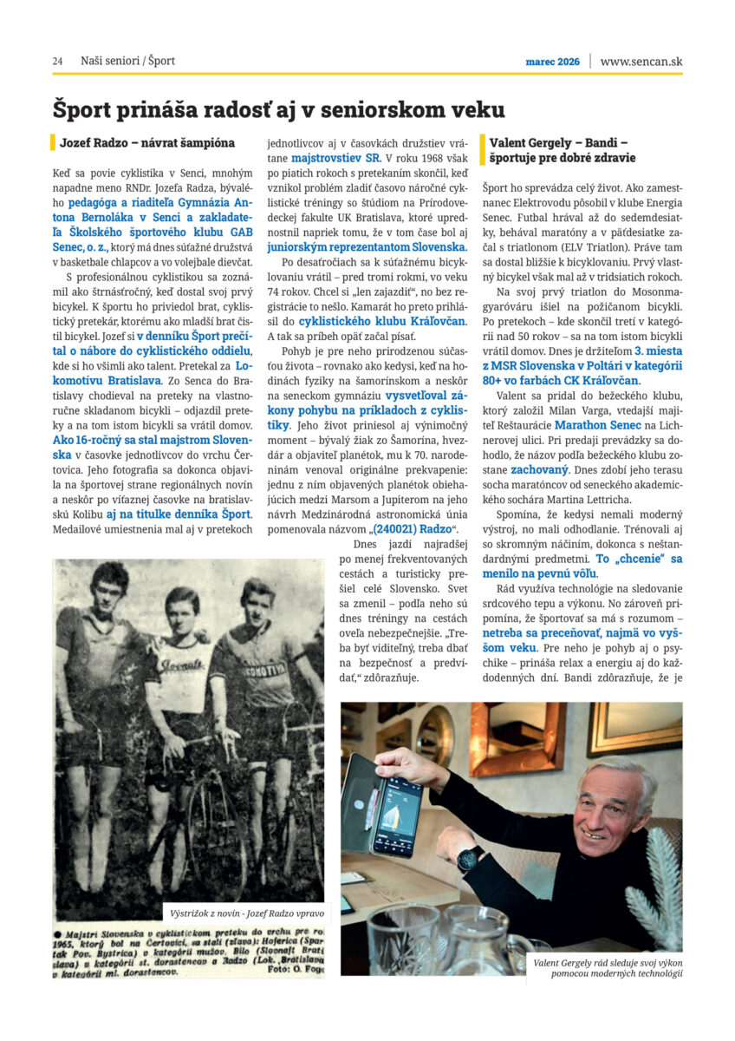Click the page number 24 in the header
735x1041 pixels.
point(57,61)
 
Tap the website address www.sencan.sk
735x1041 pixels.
point(641,61)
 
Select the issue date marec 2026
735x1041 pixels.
point(552,62)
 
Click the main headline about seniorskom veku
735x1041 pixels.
point(278,109)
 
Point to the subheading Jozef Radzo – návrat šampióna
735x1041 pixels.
point(147,142)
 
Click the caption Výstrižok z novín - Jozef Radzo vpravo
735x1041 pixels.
point(248,913)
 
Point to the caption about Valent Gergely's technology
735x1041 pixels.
point(608,966)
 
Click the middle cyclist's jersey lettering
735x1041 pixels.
point(181,665)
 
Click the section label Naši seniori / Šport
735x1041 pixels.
point(127,61)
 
